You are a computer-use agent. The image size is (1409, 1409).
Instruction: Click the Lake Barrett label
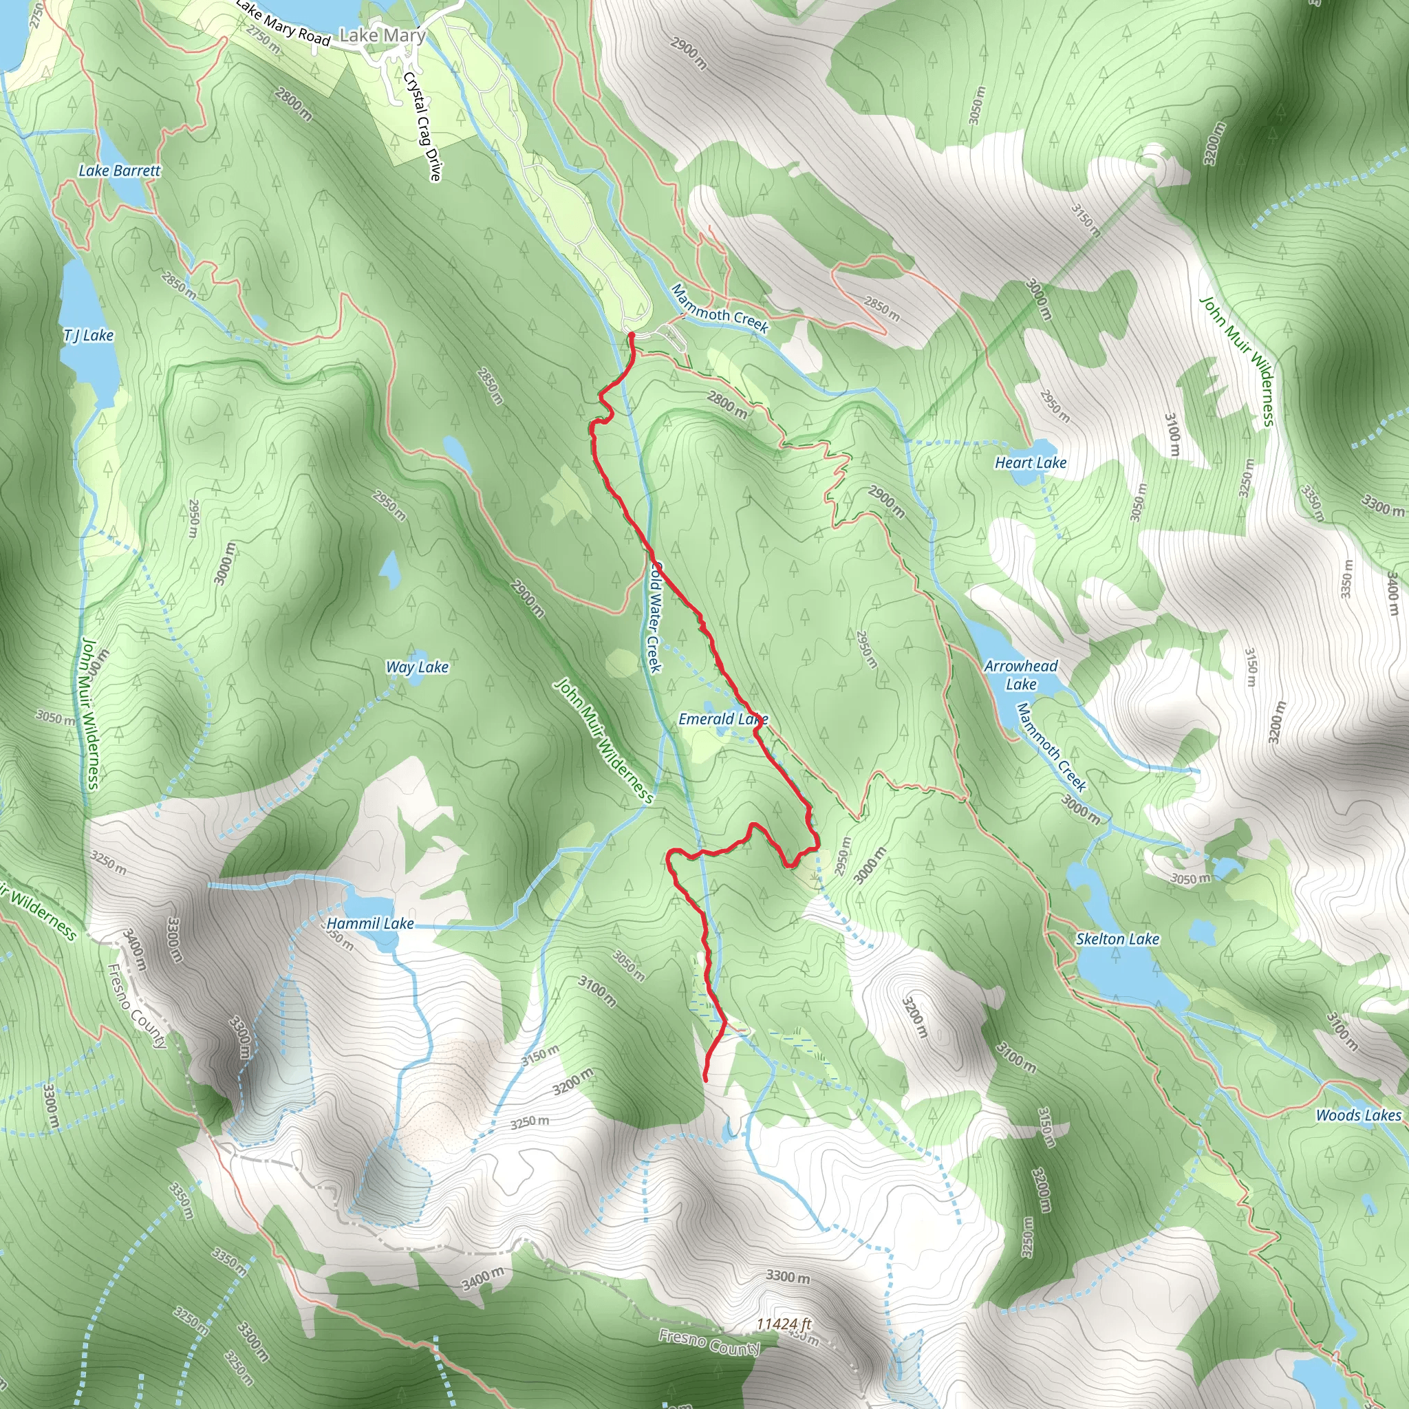click(x=119, y=171)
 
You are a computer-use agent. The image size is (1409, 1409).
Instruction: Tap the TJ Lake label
click(x=88, y=335)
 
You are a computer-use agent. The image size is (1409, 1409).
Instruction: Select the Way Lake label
click(x=416, y=667)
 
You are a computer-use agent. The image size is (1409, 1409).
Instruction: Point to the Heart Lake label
click(x=1031, y=462)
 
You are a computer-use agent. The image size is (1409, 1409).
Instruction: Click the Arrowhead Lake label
click(x=1020, y=675)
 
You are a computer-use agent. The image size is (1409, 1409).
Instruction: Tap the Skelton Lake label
click(x=1117, y=938)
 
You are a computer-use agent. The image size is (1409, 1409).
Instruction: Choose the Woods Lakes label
click(x=1358, y=1115)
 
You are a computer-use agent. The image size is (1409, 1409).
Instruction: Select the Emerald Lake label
click(x=723, y=719)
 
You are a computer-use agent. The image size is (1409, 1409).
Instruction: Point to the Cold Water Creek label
click(x=655, y=617)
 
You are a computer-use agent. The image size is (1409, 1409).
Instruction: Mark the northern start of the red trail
click(x=631, y=335)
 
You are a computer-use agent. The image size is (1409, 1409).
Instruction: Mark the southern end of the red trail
click(x=705, y=1079)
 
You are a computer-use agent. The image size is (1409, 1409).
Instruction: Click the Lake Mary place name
click(x=382, y=35)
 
